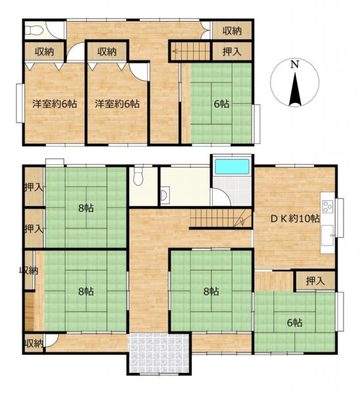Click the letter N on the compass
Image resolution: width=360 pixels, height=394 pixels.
(x=295, y=64)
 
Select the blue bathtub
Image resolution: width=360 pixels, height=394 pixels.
(x=232, y=166)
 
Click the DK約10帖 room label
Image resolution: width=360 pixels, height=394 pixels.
(x=295, y=219)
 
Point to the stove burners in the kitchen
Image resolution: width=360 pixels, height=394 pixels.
(x=327, y=207)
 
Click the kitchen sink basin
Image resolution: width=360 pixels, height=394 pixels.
(x=327, y=236)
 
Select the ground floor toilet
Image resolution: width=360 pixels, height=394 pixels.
(x=138, y=176)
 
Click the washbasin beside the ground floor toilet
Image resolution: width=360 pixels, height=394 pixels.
(x=165, y=195)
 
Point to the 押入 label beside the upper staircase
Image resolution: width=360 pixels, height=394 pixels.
(x=232, y=51)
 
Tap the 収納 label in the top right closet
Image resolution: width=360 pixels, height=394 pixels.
(x=232, y=31)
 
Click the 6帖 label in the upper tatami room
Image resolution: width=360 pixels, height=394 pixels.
(x=221, y=104)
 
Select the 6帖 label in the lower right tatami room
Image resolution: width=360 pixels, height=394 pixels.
(x=295, y=322)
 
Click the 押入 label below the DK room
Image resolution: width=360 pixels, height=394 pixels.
(x=315, y=281)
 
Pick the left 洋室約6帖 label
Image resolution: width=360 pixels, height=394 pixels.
(x=55, y=104)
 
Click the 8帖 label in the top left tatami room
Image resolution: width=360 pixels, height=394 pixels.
(x=86, y=208)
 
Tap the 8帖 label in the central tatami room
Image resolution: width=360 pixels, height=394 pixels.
(x=211, y=292)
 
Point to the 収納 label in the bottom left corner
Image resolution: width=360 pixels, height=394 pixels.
(x=34, y=343)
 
